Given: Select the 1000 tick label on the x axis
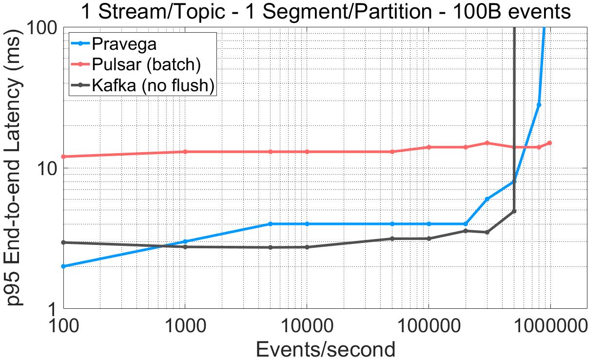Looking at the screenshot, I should pyautogui.click(x=185, y=324).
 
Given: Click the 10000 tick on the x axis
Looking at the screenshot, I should pyautogui.click(x=307, y=324).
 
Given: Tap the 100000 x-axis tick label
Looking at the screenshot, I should pyautogui.click(x=429, y=324).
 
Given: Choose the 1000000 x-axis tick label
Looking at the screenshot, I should pyautogui.click(x=550, y=324).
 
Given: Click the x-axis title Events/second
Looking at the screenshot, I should pyautogui.click(x=325, y=349).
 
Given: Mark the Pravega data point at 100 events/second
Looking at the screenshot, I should pyautogui.click(x=63, y=266).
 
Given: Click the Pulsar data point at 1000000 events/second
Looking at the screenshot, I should pyautogui.click(x=550, y=143).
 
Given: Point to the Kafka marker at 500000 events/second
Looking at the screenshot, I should pyautogui.click(x=514, y=211).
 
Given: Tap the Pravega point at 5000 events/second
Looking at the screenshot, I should pyautogui.click(x=271, y=224).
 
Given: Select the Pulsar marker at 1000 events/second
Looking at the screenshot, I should pyautogui.click(x=185, y=152).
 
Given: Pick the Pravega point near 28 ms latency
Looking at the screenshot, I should pyautogui.click(x=539, y=105).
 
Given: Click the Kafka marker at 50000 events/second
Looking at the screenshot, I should pyautogui.click(x=392, y=239).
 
